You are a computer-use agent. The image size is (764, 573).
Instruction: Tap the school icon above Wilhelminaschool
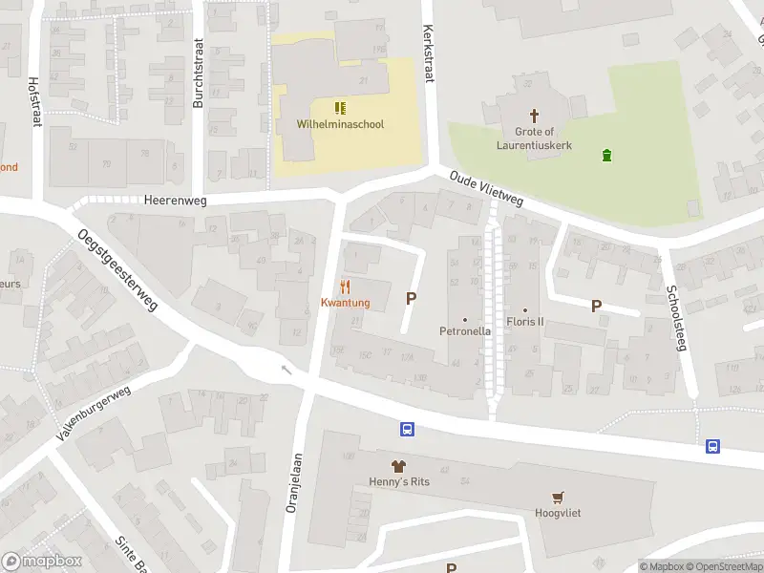coord(340,108)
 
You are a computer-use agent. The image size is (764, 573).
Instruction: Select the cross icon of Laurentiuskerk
coord(534,115)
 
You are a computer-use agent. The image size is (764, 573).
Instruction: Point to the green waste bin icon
coord(606,155)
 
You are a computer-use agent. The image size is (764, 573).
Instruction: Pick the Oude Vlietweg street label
coord(486,188)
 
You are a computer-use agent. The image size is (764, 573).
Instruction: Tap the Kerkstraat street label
coord(428,53)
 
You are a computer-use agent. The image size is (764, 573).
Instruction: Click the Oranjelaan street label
coord(295,482)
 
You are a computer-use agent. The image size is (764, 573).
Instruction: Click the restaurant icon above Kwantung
coord(346,286)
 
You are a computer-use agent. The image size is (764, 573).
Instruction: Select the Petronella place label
coord(464,331)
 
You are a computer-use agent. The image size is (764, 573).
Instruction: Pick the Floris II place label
coord(524,322)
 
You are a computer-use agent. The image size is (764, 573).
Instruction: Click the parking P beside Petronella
coord(412,298)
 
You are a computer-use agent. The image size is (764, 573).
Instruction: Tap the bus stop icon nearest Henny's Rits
coord(407,430)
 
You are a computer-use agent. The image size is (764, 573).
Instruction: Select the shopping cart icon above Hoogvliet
coord(558,497)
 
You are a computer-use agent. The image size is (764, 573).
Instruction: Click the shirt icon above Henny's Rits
coord(396,466)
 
